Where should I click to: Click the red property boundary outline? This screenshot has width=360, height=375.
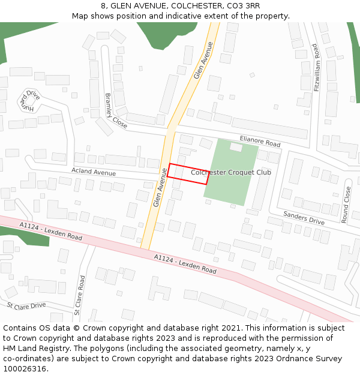pyautogui.click(x=168, y=170)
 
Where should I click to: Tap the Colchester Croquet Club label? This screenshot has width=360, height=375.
pyautogui.click(x=231, y=172)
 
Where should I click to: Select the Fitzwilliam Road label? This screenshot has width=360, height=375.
pyautogui.click(x=316, y=67)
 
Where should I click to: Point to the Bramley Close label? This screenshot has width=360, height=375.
pyautogui.click(x=116, y=111)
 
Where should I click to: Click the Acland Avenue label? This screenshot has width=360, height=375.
pyautogui.click(x=93, y=172)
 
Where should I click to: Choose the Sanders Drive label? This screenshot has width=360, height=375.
pyautogui.click(x=304, y=218)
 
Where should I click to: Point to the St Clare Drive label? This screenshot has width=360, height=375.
pyautogui.click(x=26, y=305)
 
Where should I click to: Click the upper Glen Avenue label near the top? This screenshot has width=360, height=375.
pyautogui.click(x=203, y=61)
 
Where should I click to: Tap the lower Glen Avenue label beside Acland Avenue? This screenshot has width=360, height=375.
pyautogui.click(x=159, y=188)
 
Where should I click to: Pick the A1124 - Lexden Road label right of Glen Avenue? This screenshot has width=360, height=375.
pyautogui.click(x=185, y=264)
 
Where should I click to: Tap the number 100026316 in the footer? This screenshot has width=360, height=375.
pyautogui.click(x=25, y=368)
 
